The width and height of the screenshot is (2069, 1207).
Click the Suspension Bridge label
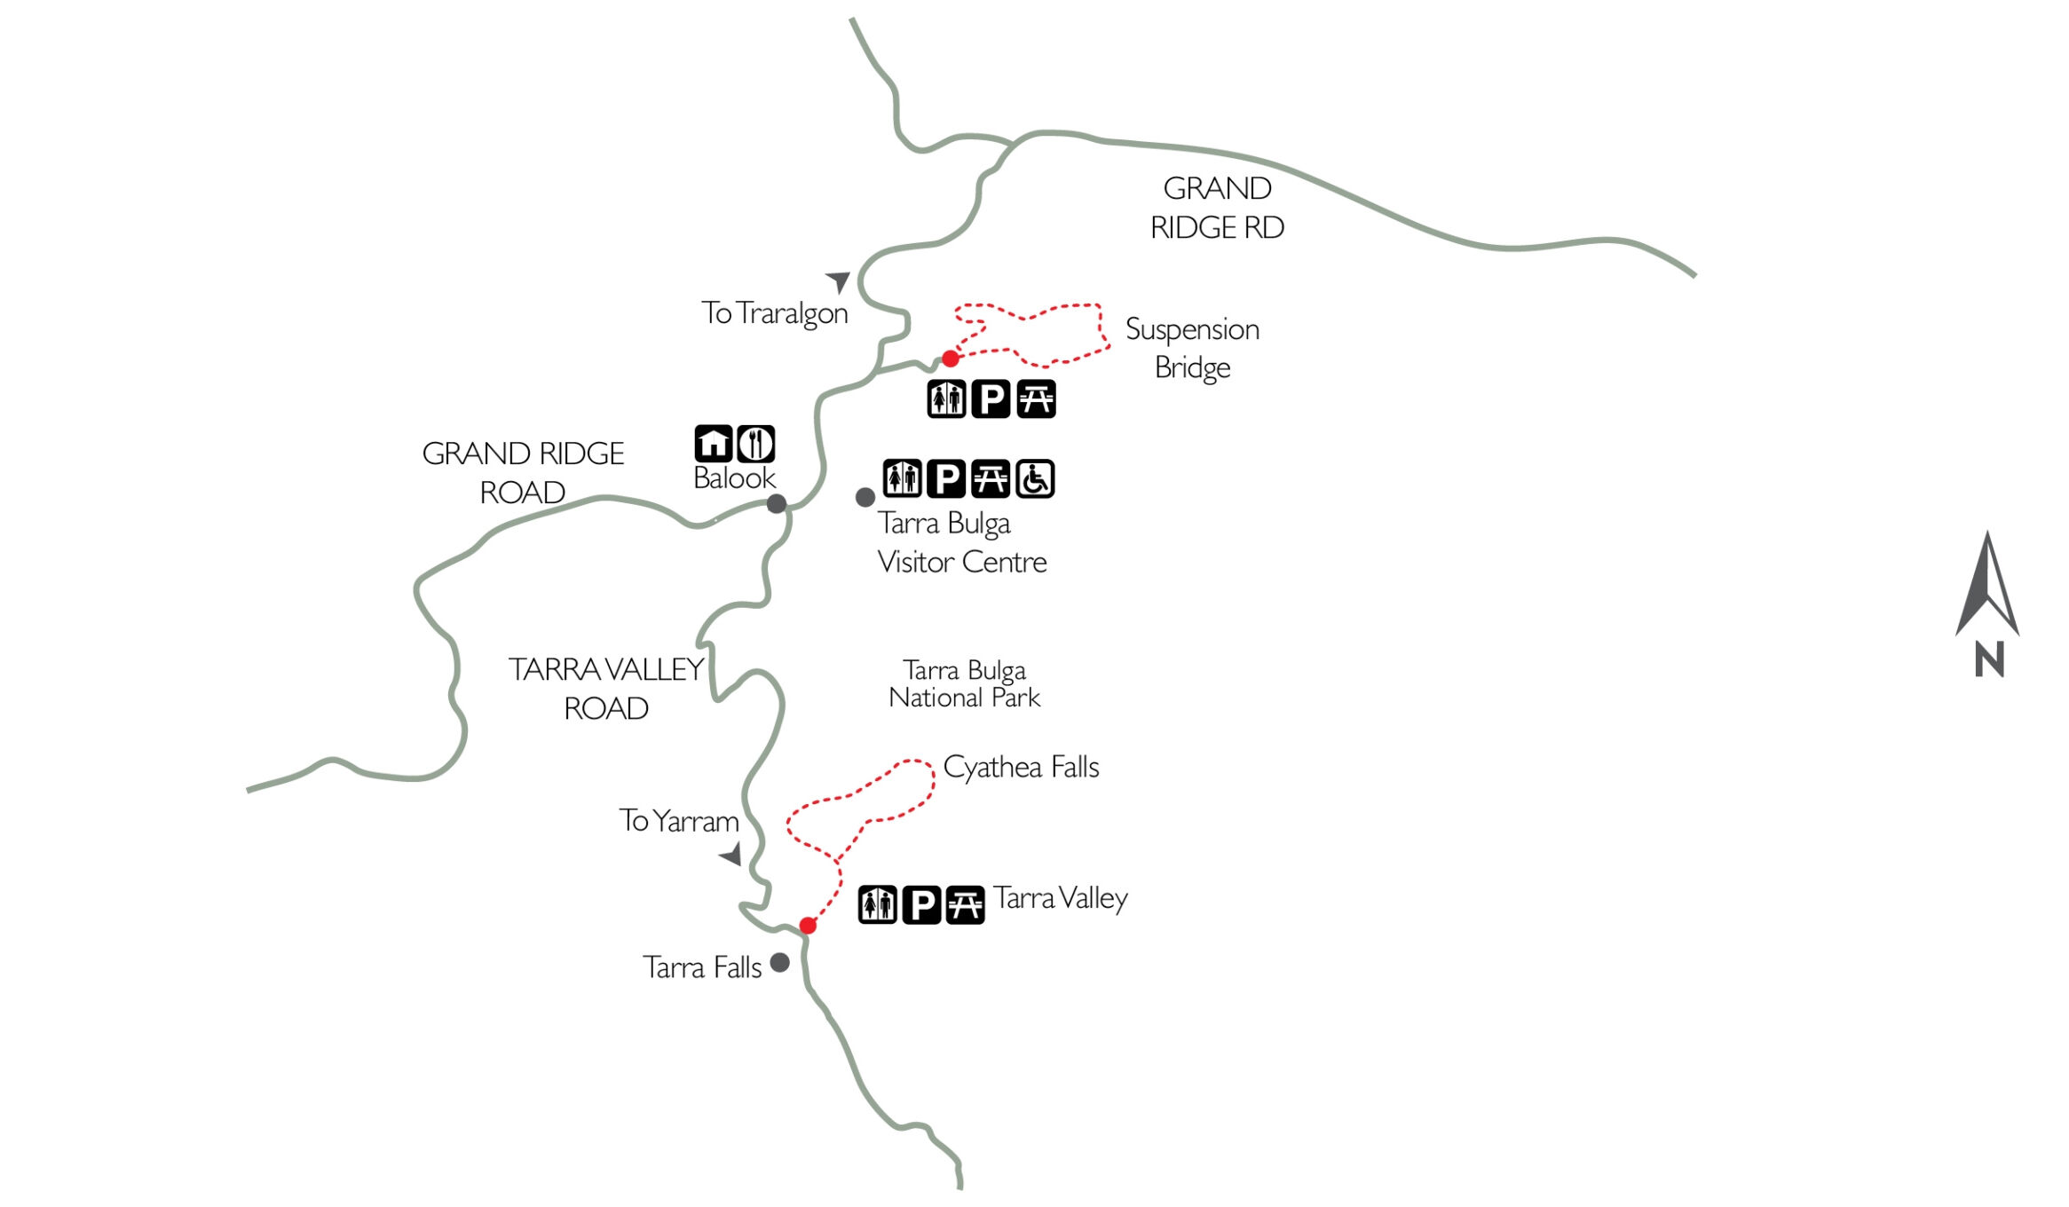[1192, 348]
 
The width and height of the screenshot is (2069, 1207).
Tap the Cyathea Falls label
[1021, 767]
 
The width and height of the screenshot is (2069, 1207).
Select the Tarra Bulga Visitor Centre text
[961, 542]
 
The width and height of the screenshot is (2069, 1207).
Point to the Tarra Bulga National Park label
[964, 683]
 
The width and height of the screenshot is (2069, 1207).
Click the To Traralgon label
[774, 313]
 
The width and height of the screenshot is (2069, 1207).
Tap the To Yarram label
[678, 821]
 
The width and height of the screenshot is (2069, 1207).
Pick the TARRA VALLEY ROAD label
[606, 689]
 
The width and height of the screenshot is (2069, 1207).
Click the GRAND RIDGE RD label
[1217, 208]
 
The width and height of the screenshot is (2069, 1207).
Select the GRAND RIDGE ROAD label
[523, 473]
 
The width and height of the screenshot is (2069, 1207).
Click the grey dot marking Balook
[777, 504]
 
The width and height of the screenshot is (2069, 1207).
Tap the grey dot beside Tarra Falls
[780, 963]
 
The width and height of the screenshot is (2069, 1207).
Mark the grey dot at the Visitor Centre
[865, 498]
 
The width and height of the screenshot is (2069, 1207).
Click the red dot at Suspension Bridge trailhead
[951, 359]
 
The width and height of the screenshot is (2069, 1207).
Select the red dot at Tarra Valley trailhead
[808, 926]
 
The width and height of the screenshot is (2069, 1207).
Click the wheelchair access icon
[1035, 479]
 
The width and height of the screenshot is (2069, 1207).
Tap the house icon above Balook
[714, 444]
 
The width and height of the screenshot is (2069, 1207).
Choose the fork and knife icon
[756, 444]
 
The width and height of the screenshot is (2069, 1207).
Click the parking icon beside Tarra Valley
[921, 905]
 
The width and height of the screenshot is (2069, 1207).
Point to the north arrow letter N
[1989, 659]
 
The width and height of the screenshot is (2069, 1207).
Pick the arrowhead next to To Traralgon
[839, 280]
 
